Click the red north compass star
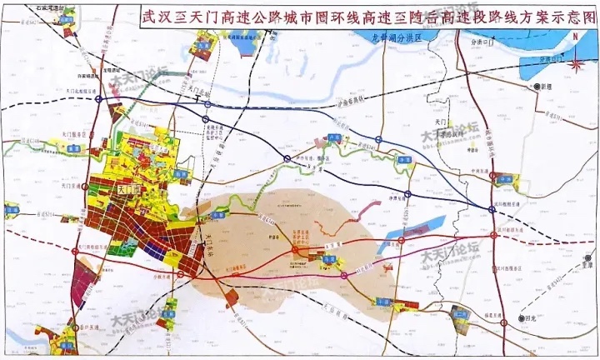(x=577, y=59)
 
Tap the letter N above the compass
(x=577, y=42)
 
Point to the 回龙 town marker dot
(x=523, y=319)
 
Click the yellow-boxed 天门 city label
(x=130, y=189)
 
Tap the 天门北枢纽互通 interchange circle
(x=99, y=98)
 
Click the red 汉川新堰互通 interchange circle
(x=494, y=236)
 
